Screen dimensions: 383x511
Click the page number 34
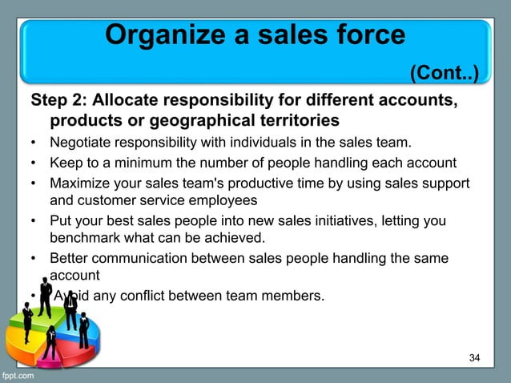[474, 357]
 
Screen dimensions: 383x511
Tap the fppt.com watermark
[18, 375]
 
